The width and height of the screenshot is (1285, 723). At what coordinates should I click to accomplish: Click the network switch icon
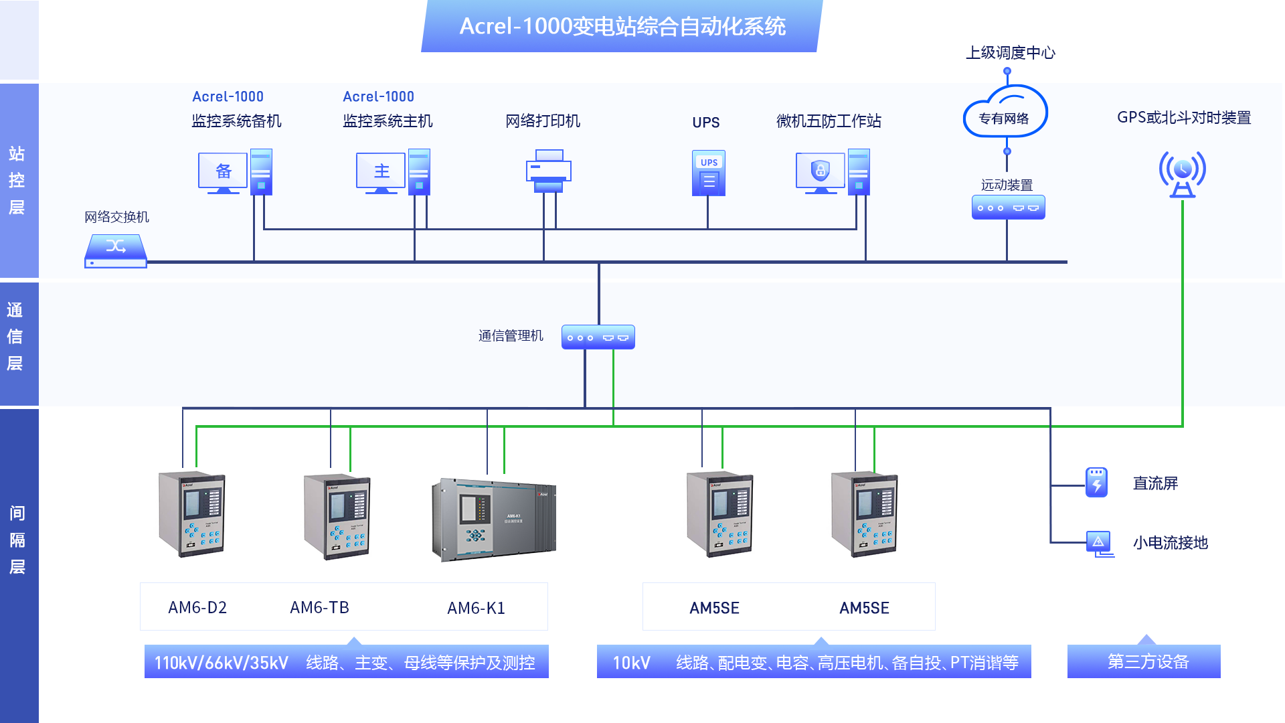click(116, 251)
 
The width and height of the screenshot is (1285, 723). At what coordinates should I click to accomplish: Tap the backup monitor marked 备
click(223, 171)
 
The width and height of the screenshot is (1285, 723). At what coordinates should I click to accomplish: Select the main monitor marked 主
click(381, 171)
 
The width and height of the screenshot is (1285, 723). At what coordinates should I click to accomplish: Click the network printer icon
click(548, 171)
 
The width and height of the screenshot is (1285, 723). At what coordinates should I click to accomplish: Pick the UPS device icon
click(709, 173)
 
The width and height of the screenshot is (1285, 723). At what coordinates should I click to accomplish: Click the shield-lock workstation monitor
click(820, 171)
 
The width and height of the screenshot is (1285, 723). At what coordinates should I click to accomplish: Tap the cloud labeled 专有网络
click(1005, 112)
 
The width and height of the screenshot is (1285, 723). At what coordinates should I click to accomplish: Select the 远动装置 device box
click(1008, 208)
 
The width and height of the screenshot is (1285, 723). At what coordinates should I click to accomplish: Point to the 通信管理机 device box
click(598, 337)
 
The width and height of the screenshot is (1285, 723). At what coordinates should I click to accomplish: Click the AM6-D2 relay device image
click(192, 514)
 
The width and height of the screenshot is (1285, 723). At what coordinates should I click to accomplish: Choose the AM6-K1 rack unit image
click(494, 519)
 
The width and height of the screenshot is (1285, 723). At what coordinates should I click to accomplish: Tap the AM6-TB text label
click(319, 608)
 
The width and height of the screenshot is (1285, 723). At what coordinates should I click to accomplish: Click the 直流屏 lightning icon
click(1096, 482)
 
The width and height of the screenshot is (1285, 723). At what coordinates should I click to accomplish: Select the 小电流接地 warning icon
click(1099, 542)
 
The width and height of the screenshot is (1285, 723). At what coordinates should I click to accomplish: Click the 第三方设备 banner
click(1147, 662)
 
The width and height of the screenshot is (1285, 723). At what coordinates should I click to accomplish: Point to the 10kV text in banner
click(631, 663)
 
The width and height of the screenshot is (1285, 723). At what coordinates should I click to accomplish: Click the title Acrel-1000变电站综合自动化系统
click(622, 27)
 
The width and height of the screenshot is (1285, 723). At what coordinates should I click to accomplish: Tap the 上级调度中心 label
click(1010, 53)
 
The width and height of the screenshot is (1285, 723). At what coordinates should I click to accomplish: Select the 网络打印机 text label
click(543, 121)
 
